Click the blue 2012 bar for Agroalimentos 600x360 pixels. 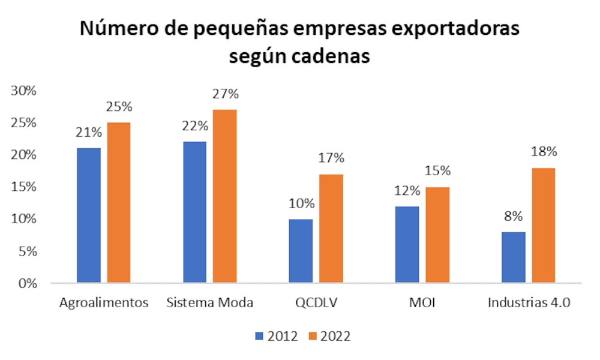tap(88, 215)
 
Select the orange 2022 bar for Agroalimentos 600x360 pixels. tap(118, 202)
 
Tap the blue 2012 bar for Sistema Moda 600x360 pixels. tap(194, 212)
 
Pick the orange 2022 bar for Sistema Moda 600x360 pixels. tap(224, 196)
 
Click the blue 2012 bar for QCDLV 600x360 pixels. tap(301, 250)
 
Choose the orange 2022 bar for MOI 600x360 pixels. tap(437, 235)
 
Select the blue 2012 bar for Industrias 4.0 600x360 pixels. tap(513, 257)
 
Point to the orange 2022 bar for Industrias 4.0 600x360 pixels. tap(543, 225)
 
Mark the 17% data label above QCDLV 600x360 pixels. tap(331, 158)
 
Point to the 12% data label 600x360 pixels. tap(407, 191)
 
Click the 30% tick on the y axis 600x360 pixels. tap(23, 91)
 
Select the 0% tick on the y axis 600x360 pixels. tap(27, 283)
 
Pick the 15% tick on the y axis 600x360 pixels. tap(23, 187)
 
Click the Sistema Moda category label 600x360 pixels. tap(209, 302)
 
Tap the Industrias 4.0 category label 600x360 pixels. tap(528, 302)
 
